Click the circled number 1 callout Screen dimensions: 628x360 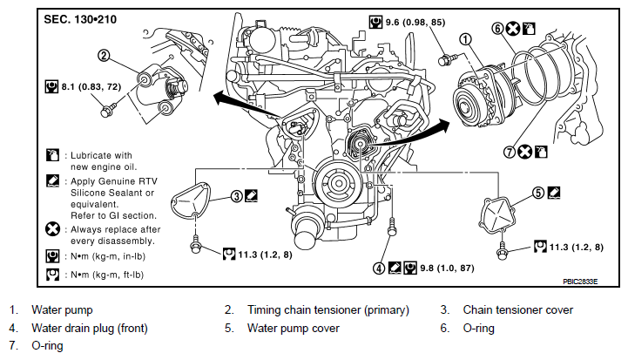[x=465, y=39]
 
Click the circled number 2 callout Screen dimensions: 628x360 [x=104, y=55]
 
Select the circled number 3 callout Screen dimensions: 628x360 [x=237, y=196]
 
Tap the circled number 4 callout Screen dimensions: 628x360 [x=379, y=268]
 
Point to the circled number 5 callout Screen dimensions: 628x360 [x=538, y=193]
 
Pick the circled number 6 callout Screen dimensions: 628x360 [x=497, y=29]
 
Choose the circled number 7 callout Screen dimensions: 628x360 [x=509, y=152]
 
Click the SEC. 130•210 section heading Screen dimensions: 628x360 [x=80, y=19]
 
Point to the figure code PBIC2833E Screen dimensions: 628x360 [x=580, y=282]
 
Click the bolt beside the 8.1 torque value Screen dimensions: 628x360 [x=108, y=110]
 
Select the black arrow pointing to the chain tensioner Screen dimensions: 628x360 [x=249, y=105]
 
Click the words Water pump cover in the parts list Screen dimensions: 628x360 [x=294, y=329]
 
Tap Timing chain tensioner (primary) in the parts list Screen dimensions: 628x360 [x=328, y=310]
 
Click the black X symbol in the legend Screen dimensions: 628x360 [x=52, y=230]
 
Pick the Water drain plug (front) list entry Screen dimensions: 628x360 [x=90, y=329]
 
